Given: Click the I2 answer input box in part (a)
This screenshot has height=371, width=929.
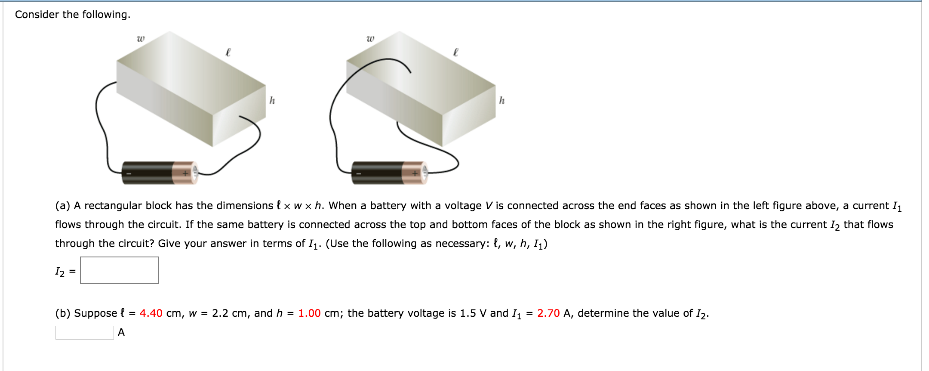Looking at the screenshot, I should pyautogui.click(x=119, y=270).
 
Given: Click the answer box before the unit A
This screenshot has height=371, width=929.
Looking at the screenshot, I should pyautogui.click(x=84, y=332).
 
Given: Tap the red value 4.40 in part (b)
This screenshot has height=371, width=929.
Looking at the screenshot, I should pyautogui.click(x=151, y=313).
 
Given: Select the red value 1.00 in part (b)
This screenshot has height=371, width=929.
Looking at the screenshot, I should pyautogui.click(x=309, y=313).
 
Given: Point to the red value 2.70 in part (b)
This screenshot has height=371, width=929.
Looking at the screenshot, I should pyautogui.click(x=548, y=313).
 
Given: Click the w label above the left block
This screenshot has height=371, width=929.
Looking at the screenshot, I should pyautogui.click(x=141, y=39).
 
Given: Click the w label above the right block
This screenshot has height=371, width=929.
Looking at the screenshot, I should pyautogui.click(x=370, y=39).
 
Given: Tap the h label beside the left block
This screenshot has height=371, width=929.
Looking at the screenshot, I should pyautogui.click(x=272, y=100).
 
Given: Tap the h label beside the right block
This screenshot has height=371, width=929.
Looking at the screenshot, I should pyautogui.click(x=501, y=100).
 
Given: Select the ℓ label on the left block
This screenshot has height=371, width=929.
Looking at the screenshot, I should pyautogui.click(x=228, y=52).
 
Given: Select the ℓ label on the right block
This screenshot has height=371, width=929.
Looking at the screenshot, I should pyautogui.click(x=456, y=52).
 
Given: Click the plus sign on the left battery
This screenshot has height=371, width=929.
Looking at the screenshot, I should pyautogui.click(x=185, y=173).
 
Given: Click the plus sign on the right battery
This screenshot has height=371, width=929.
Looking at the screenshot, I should pyautogui.click(x=415, y=173).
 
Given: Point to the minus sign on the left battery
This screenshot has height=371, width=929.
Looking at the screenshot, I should pyautogui.click(x=128, y=173).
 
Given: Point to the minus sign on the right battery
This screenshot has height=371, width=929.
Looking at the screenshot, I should pyautogui.click(x=358, y=173).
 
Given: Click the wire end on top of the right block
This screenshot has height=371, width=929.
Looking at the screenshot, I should pyautogui.click(x=409, y=72).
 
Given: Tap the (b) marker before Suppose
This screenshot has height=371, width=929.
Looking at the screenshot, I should pyautogui.click(x=63, y=313).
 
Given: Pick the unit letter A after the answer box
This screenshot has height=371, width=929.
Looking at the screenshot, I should pyautogui.click(x=121, y=332).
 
